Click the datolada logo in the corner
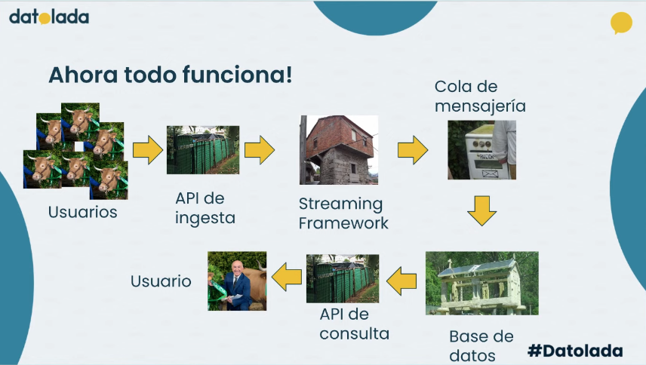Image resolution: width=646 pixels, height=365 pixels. click(x=49, y=16)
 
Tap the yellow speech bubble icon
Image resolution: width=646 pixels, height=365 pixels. click(x=620, y=23)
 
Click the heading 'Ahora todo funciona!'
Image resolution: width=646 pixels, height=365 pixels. click(x=170, y=75)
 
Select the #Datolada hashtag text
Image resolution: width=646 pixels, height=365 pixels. click(x=575, y=351)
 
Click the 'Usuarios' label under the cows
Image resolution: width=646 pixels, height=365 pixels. click(x=83, y=213)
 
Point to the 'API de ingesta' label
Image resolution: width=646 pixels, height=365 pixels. click(x=205, y=208)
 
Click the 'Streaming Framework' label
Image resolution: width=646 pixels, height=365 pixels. click(x=343, y=213)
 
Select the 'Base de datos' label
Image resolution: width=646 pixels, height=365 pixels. click(x=481, y=345)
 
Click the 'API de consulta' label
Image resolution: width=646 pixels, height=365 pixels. click(x=354, y=324)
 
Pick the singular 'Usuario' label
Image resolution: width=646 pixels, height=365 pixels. click(x=161, y=281)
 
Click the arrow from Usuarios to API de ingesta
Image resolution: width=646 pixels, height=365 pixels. click(x=147, y=151)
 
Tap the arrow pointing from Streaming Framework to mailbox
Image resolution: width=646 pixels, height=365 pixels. click(x=412, y=150)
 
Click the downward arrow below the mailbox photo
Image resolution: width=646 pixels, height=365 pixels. click(x=481, y=210)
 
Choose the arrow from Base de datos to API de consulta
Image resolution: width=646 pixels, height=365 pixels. click(x=401, y=281)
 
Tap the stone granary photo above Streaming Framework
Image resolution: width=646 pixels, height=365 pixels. click(x=338, y=149)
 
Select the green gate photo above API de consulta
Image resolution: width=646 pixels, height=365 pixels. click(x=343, y=278)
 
